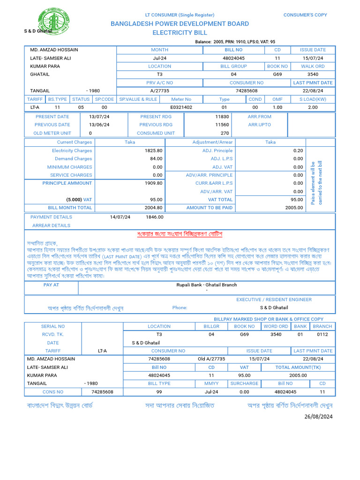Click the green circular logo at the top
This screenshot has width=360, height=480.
tap(55, 21)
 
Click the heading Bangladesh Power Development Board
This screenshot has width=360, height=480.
tap(180, 24)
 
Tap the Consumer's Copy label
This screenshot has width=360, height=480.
tap(305, 15)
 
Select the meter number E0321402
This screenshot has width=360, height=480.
tap(181, 107)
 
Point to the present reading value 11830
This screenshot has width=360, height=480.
tap(222, 116)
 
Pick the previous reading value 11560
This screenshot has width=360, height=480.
tap(222, 125)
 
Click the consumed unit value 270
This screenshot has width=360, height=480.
tap(225, 133)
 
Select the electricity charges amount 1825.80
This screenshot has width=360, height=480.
tap(153, 150)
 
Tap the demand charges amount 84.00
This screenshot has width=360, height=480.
tap(156, 159)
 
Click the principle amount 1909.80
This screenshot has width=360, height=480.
tap(153, 183)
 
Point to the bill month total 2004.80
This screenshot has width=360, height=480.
tap(153, 208)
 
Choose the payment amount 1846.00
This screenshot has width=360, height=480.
tap(155, 217)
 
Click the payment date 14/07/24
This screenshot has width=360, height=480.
tap(120, 217)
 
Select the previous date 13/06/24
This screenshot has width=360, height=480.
tap(99, 125)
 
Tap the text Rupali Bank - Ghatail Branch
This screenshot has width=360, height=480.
tap(206, 285)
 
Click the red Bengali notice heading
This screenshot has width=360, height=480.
tap(179, 233)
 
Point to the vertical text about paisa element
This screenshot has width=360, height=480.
tap(316, 183)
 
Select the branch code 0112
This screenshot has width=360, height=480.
tap(322, 335)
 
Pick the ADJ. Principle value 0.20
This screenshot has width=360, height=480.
tap(298, 150)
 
